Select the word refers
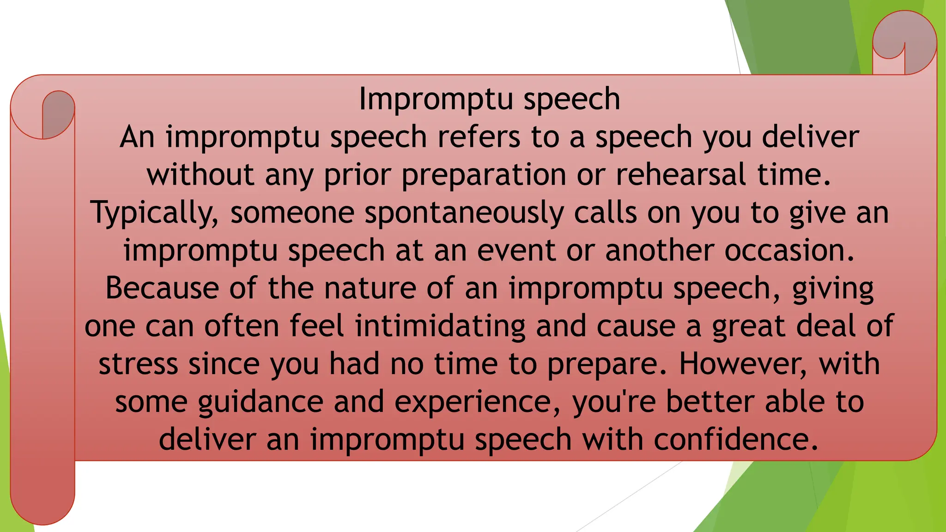click(479, 137)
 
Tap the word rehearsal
click(681, 175)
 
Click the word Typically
click(155, 213)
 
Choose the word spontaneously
click(464, 213)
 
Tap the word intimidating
click(440, 326)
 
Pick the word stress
click(138, 364)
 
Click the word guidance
click(261, 402)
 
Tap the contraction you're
click(614, 402)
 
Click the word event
click(516, 251)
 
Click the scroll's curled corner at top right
click(904, 42)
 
